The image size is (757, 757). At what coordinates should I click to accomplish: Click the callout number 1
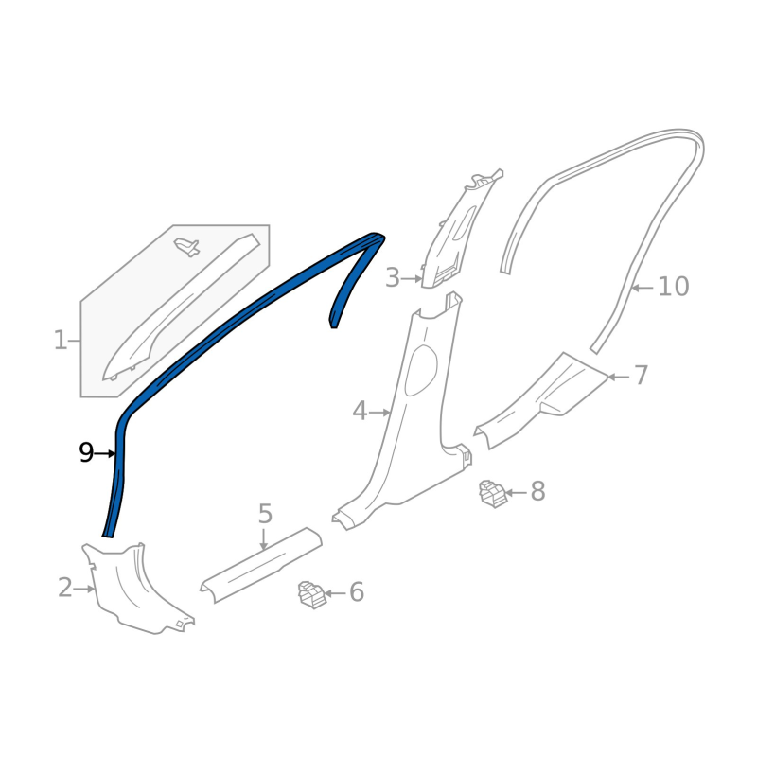(61, 341)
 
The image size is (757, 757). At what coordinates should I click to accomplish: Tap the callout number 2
(65, 588)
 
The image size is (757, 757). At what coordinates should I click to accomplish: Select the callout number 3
(393, 278)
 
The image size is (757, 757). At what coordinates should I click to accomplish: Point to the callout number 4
(360, 412)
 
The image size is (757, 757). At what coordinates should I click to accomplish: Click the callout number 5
(265, 514)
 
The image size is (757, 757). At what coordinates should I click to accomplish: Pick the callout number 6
(357, 592)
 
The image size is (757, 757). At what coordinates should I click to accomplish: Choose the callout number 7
(641, 376)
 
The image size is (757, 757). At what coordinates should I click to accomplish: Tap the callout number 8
(537, 491)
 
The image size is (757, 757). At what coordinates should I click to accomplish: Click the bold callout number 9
(86, 453)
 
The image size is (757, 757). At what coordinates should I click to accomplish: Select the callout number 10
(674, 287)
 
